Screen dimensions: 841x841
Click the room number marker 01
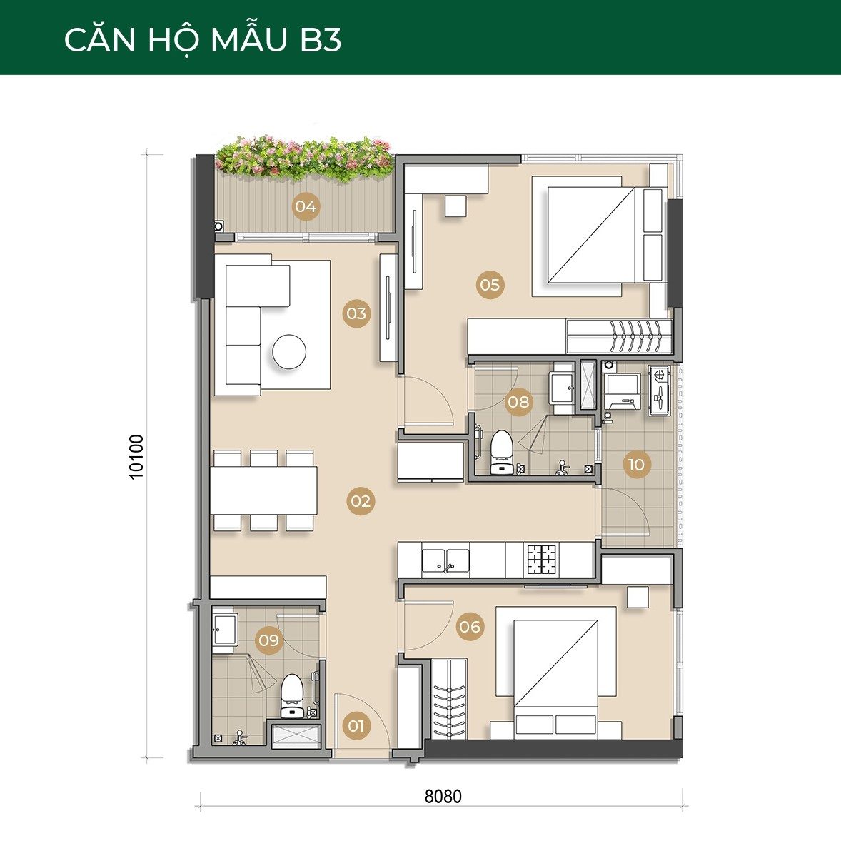point(356,725)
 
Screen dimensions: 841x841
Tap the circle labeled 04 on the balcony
point(306,206)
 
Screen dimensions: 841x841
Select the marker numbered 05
point(490,284)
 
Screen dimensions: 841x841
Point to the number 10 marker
point(636,465)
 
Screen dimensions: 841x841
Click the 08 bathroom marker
point(518,402)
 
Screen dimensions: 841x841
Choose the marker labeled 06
point(470,626)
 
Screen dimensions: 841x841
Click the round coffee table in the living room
point(289,352)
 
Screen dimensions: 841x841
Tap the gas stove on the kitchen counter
point(543,560)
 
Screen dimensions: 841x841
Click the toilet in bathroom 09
point(292,695)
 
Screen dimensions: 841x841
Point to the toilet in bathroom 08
point(502,452)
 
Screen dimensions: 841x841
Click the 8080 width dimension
point(443,797)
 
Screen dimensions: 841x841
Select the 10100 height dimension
point(137,457)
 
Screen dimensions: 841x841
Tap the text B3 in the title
point(321,40)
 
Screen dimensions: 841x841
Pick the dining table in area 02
point(263,490)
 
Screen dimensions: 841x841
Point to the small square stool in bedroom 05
point(455,206)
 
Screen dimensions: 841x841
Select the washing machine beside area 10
point(623,391)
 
